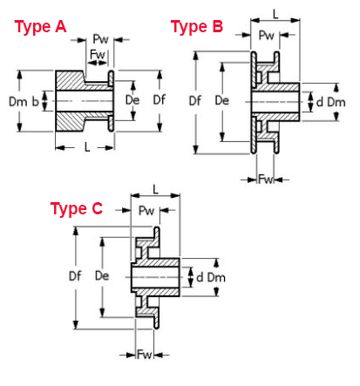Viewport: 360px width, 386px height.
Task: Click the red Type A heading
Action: click(40, 27)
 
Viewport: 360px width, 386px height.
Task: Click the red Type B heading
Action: click(197, 27)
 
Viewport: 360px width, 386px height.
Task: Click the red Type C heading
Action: click(77, 208)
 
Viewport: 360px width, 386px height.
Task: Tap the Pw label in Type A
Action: click(100, 39)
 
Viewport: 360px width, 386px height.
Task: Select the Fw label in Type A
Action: click(98, 54)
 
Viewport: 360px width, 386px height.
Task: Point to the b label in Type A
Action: click(35, 102)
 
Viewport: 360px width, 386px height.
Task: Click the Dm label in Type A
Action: click(17, 102)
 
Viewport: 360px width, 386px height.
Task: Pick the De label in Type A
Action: click(132, 100)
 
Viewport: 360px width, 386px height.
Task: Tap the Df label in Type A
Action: click(160, 100)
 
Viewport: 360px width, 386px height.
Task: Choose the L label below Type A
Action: click(87, 147)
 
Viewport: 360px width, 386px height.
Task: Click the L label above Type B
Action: click(275, 14)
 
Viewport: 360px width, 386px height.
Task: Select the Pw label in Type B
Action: click(266, 36)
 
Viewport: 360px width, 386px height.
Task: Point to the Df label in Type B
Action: click(195, 101)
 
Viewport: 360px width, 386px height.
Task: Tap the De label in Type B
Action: click(222, 101)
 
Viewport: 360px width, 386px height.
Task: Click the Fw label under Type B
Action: click(266, 179)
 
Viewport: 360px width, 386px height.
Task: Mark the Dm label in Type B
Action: click(336, 102)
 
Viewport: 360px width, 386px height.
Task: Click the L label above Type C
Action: click(156, 189)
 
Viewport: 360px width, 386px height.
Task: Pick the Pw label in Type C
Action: click(146, 211)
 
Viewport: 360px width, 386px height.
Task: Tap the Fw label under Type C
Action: click(145, 355)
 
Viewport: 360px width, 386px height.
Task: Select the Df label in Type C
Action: click(75, 276)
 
